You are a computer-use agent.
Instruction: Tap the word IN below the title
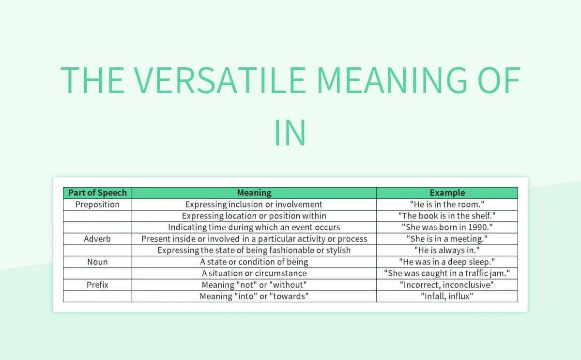tap(290, 132)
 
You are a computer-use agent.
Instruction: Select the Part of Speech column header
tap(97, 193)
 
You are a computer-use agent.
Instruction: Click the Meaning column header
tap(254, 193)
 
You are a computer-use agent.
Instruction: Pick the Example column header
tap(447, 193)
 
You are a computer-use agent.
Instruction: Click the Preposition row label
tap(97, 204)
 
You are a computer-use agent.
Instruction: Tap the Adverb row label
tap(97, 239)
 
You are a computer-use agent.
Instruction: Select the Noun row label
tap(97, 262)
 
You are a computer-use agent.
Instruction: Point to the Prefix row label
tap(97, 285)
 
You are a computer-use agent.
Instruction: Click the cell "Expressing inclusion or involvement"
tap(254, 204)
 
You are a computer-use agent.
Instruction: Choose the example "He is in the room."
tap(447, 204)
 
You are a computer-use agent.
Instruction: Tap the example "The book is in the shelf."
tap(447, 216)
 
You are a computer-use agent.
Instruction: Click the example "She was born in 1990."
tap(447, 227)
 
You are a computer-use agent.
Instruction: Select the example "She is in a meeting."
tap(447, 239)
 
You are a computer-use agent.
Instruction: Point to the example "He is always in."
tap(447, 250)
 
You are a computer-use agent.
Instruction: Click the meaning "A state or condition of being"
tap(254, 262)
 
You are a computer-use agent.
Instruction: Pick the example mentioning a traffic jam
tap(447, 273)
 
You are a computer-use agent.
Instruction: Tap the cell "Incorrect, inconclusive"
tap(447, 285)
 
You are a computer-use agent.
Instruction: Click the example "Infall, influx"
tap(447, 296)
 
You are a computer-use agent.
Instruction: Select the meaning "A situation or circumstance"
tap(254, 273)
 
